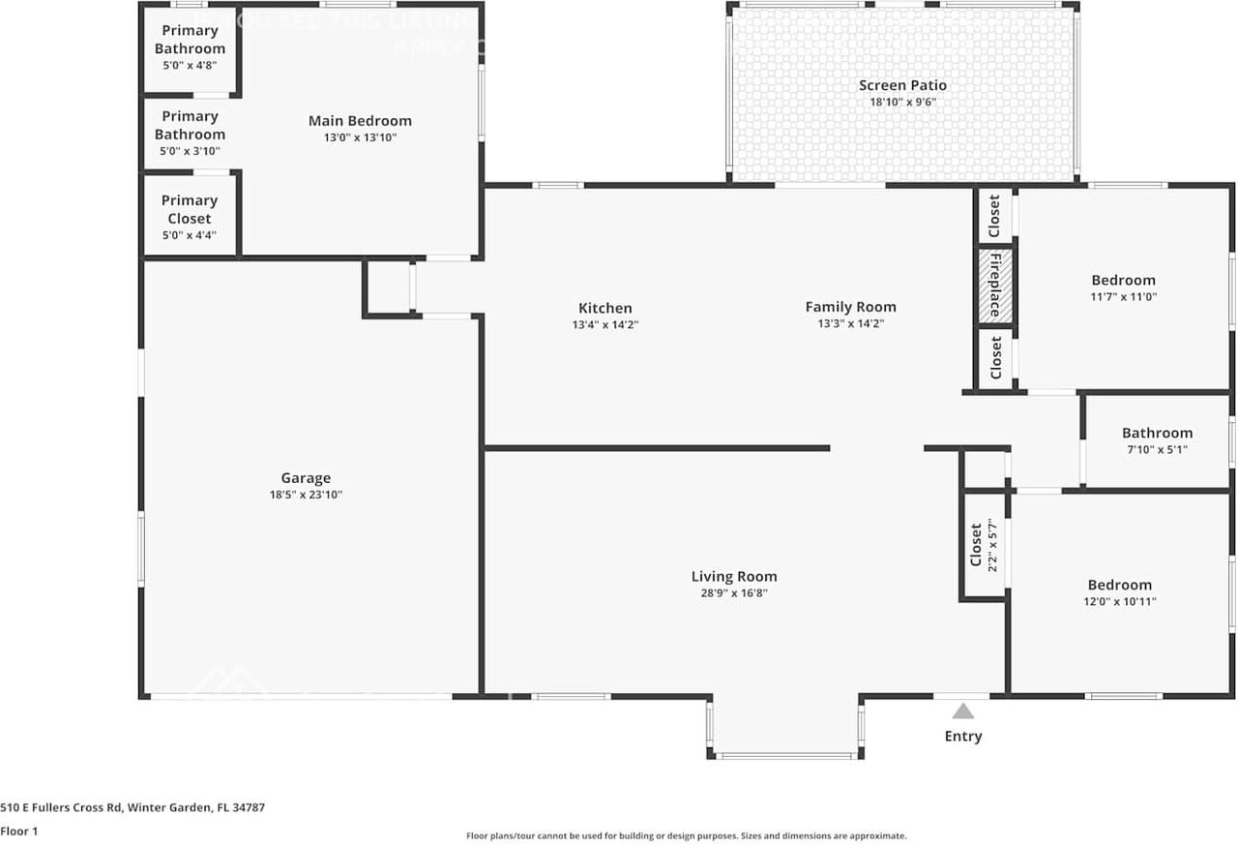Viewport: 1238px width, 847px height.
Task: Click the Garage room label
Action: click(x=306, y=477)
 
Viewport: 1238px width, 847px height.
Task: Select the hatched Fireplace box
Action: click(x=994, y=286)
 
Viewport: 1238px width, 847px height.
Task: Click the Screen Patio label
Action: click(x=902, y=85)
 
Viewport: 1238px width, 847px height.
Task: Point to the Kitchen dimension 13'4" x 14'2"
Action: click(x=604, y=325)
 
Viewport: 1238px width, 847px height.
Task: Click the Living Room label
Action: click(x=733, y=576)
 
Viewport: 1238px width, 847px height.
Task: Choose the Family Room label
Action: click(x=850, y=307)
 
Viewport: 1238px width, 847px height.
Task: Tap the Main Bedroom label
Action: click(x=360, y=121)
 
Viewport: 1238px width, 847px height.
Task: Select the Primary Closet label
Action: click(x=190, y=209)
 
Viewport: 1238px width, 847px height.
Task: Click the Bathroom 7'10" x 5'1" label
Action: click(x=1157, y=433)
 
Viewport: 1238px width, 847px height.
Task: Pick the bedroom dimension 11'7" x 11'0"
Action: click(x=1123, y=297)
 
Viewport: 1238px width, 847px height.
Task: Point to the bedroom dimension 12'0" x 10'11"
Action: click(x=1119, y=601)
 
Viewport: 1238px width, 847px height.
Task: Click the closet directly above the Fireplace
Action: click(x=994, y=216)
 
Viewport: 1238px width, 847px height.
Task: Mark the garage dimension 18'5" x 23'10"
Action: click(x=306, y=495)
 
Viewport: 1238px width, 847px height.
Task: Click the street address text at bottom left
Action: click(x=133, y=807)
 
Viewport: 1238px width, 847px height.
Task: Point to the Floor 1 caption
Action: click(x=19, y=831)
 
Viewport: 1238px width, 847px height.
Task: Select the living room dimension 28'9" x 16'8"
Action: click(x=733, y=593)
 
